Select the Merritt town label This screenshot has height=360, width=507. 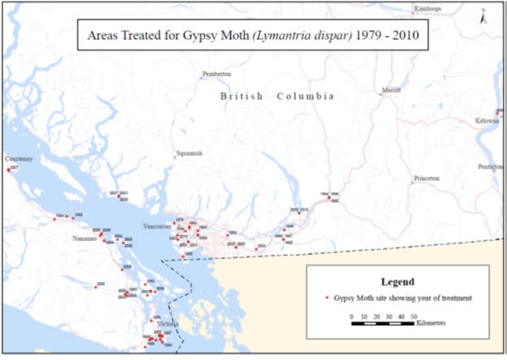click(391, 90)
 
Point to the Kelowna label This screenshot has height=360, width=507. click(487, 121)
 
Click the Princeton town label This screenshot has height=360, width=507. click(426, 177)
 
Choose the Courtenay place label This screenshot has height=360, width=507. click(19, 159)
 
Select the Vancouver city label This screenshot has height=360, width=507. click(156, 226)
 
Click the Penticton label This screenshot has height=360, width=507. click(491, 166)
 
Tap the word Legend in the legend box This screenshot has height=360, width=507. click(398, 281)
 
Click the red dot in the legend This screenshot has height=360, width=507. click(325, 298)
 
